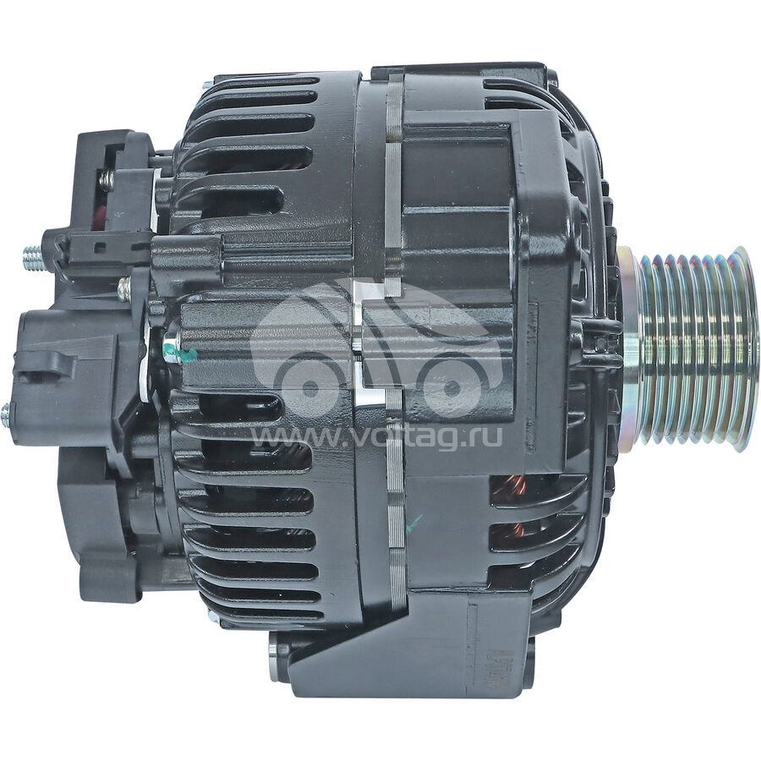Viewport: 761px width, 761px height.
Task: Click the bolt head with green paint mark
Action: click(172, 353)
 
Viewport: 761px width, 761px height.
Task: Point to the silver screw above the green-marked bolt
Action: click(124, 289)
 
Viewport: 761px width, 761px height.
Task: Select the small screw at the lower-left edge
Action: click(6, 414)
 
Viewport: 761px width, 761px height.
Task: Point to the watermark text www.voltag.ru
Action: click(376, 437)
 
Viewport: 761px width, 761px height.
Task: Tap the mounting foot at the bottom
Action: click(406, 651)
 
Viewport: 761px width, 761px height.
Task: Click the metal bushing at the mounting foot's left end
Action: click(274, 657)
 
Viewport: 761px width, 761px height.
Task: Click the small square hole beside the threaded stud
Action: click(100, 248)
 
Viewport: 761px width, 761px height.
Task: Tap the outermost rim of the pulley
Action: click(745, 347)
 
